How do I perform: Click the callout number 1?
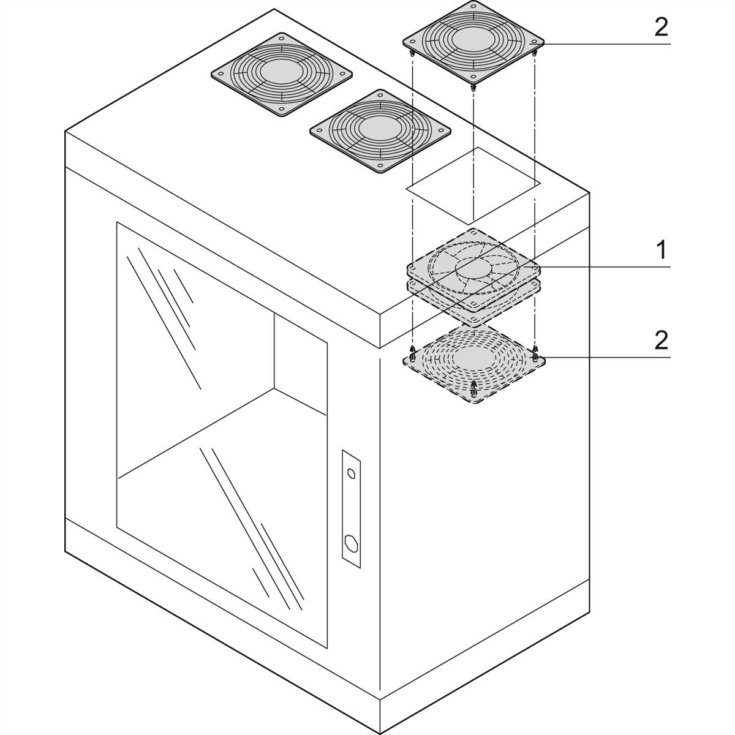(x=661, y=250)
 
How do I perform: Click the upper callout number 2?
(x=661, y=28)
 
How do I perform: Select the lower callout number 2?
(x=661, y=340)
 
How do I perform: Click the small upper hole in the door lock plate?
(x=351, y=472)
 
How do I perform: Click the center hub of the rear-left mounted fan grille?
(x=282, y=72)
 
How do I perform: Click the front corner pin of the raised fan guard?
(x=473, y=88)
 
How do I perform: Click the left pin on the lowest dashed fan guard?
(x=412, y=353)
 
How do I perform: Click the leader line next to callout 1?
(x=606, y=268)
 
